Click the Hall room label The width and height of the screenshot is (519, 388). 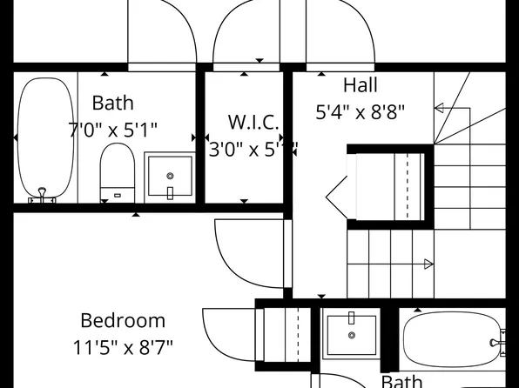click(x=361, y=85)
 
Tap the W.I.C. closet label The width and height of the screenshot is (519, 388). click(x=253, y=121)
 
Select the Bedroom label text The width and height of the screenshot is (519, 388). click(x=123, y=320)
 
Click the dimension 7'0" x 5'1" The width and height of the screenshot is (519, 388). click(x=113, y=130)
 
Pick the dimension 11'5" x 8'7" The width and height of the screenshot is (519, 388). click(x=123, y=348)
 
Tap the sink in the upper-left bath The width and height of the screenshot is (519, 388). click(x=169, y=175)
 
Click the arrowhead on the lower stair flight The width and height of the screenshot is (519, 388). click(x=428, y=264)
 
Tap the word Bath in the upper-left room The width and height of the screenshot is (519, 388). click(x=113, y=104)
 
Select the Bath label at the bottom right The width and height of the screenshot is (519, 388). click(x=401, y=381)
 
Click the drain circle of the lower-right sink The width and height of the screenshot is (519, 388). click(x=352, y=335)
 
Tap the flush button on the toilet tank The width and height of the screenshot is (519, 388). click(x=117, y=195)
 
